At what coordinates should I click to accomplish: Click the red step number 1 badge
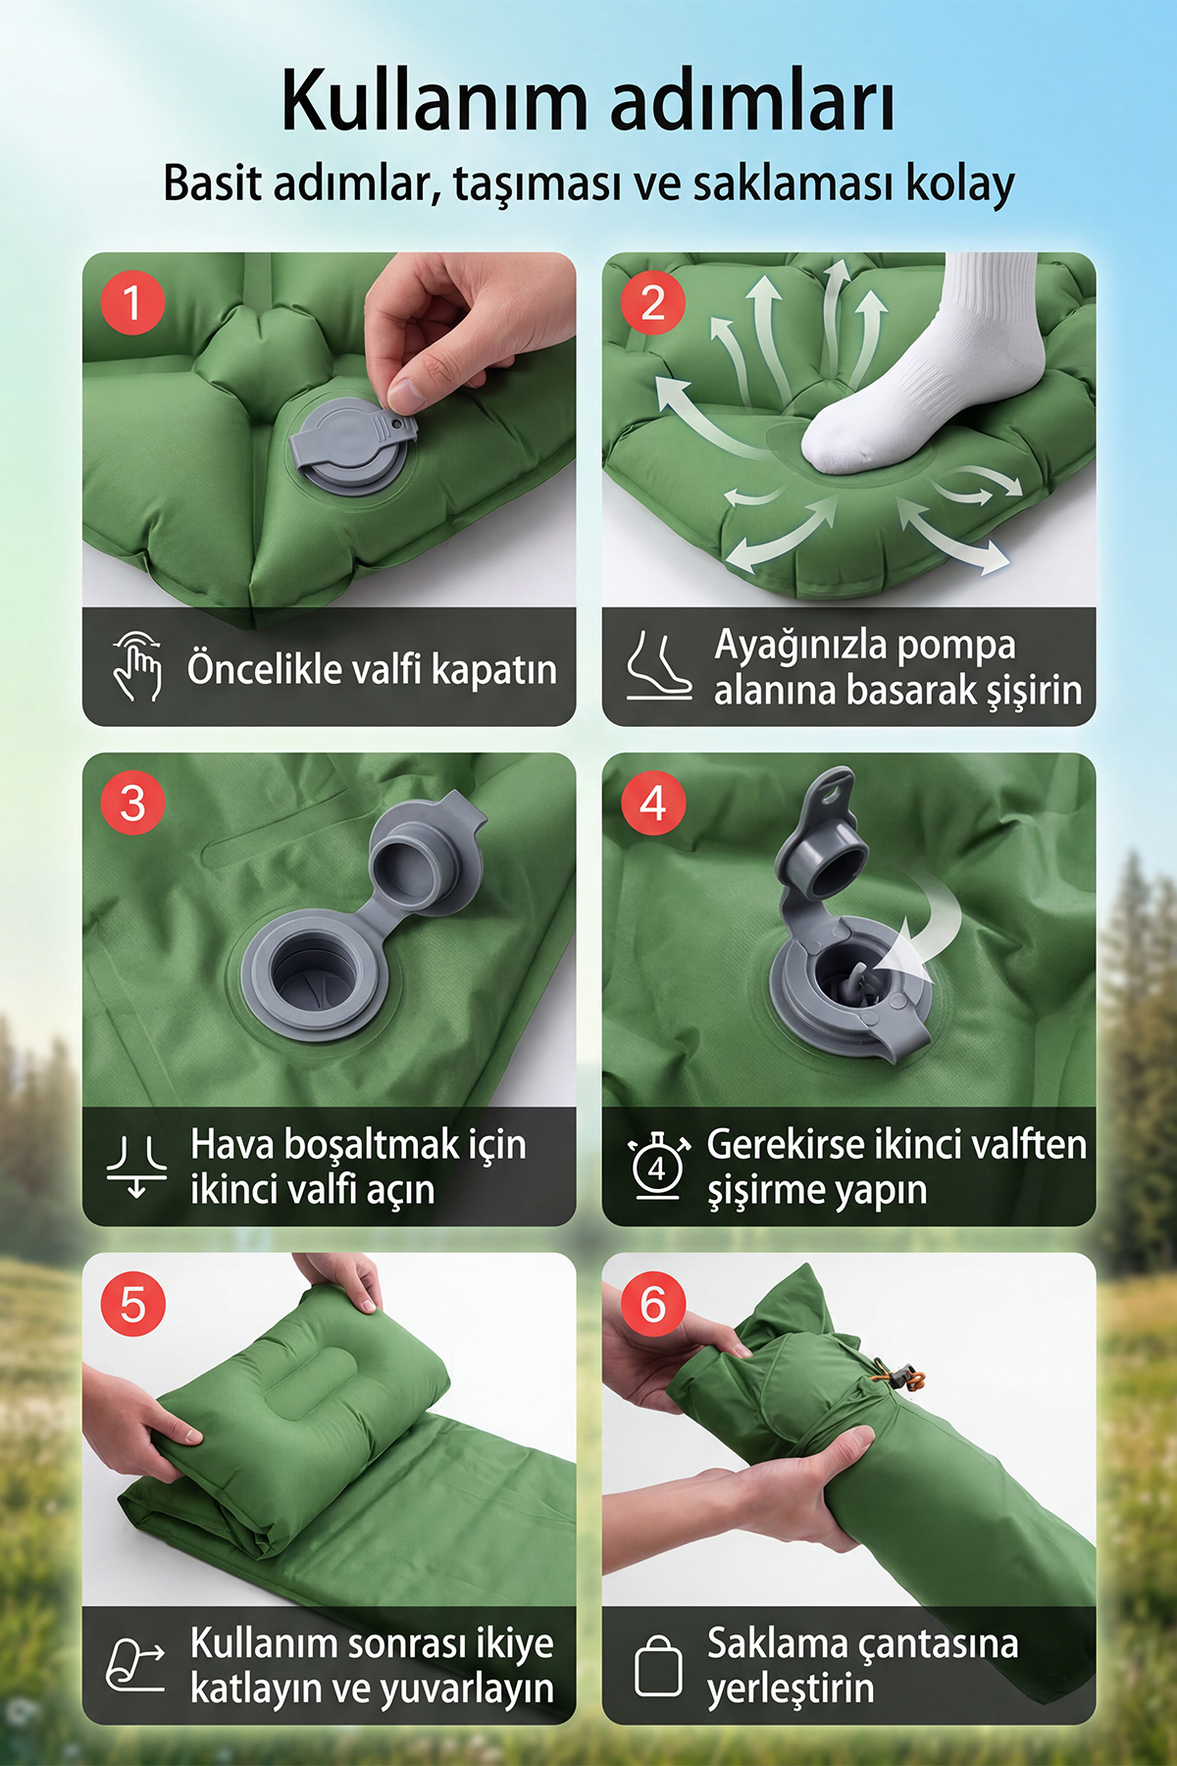(x=132, y=302)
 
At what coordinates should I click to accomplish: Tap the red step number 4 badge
(x=653, y=804)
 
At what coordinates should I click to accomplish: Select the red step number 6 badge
(x=653, y=1304)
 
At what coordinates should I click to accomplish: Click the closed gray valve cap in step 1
(x=349, y=446)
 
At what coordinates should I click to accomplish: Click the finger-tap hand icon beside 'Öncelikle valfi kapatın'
(x=137, y=666)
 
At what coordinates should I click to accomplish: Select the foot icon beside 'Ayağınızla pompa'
(x=658, y=666)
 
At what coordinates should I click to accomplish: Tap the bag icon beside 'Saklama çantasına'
(x=658, y=1665)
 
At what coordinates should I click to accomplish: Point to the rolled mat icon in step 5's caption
(x=135, y=1665)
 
